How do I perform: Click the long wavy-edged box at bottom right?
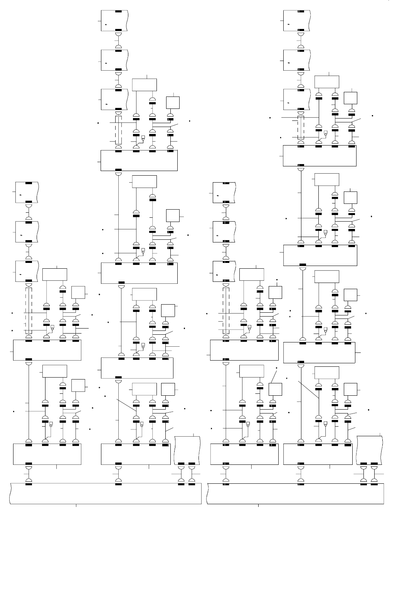(295, 493)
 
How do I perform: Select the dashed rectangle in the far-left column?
(29, 310)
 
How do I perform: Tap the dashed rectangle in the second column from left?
(118, 130)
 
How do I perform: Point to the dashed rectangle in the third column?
(226, 310)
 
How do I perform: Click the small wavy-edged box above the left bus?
(187, 450)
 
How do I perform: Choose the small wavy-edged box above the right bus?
(369, 450)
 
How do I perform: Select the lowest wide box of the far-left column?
(47, 454)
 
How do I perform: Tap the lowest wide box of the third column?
(244, 454)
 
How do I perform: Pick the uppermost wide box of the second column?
(139, 160)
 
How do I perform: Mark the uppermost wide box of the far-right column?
(320, 156)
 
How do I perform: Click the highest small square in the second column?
(173, 103)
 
